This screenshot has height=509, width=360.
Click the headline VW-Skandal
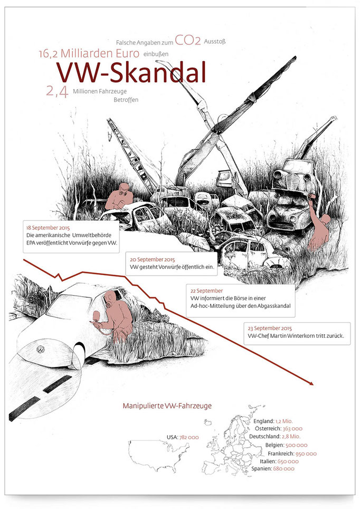click(x=131, y=72)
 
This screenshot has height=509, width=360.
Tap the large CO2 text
click(x=188, y=41)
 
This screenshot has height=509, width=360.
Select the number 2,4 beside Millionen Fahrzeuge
click(x=57, y=92)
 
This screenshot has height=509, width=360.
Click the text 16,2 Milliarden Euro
click(x=89, y=53)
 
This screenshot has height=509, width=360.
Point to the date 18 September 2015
click(x=48, y=228)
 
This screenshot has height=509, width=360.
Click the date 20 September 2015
click(x=152, y=260)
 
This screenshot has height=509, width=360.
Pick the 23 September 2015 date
click(x=270, y=328)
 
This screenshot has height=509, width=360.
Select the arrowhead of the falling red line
click(x=311, y=383)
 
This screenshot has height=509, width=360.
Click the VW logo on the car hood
click(x=41, y=350)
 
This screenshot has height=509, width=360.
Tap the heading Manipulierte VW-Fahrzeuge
click(x=167, y=406)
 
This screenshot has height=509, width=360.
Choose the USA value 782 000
click(x=189, y=437)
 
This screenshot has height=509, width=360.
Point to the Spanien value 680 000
click(x=283, y=468)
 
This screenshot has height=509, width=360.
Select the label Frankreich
click(x=281, y=454)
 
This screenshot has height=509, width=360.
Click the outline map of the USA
click(x=159, y=455)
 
